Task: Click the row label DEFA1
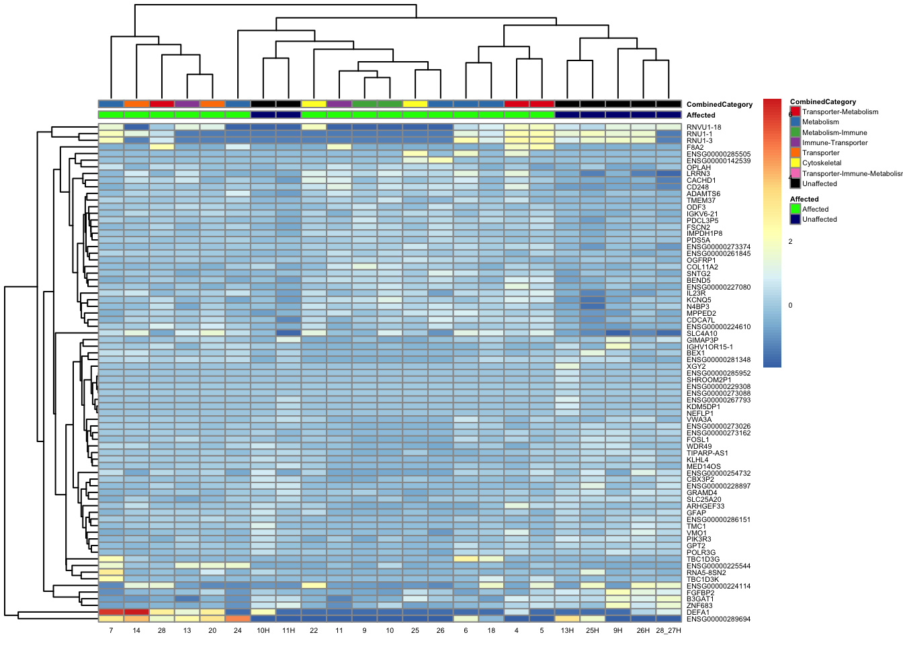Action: coord(697,613)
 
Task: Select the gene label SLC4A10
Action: coord(701,334)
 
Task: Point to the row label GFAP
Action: coord(696,513)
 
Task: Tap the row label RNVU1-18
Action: coord(703,128)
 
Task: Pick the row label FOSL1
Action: coord(697,440)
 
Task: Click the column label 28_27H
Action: coord(669,631)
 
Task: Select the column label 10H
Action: coord(263,631)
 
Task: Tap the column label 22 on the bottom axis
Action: coord(314,631)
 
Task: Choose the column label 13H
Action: coord(567,631)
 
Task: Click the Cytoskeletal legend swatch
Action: coord(795,163)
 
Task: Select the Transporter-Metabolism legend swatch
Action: coord(795,112)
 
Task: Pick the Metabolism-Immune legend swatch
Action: coord(795,132)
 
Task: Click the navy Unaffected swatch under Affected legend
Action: coord(795,219)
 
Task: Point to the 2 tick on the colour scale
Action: coord(790,242)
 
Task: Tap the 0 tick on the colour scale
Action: coord(790,306)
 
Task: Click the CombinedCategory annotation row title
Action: coord(719,105)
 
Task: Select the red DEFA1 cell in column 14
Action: coord(136,612)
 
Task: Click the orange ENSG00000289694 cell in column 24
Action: coord(238,619)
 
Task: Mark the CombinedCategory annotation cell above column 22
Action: coord(314,104)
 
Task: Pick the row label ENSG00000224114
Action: coord(718,587)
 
